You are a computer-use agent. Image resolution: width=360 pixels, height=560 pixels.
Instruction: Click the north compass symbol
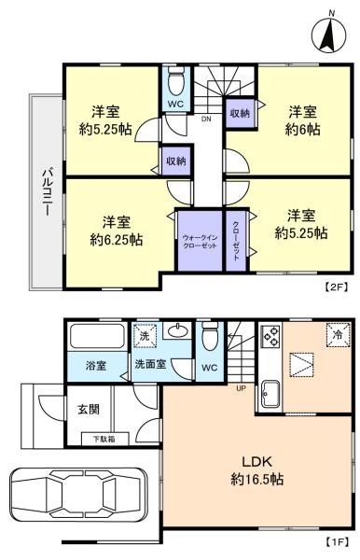[x=328, y=35]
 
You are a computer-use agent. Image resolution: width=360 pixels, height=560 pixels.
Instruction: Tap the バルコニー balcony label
[x=47, y=191]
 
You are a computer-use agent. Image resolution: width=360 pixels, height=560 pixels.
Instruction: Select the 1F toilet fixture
[x=210, y=337]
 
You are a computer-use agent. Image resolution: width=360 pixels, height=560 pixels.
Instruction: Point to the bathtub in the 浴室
[x=97, y=335]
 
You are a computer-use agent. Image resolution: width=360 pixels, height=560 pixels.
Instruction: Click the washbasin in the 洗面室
[x=178, y=331]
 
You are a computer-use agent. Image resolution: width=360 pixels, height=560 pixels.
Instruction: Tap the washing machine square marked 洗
[x=145, y=335]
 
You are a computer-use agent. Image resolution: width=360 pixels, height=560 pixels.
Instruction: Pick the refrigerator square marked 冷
[x=338, y=335]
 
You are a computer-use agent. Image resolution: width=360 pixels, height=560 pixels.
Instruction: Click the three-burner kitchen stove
[x=271, y=337]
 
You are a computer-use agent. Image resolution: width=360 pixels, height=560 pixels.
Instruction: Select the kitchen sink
[x=271, y=394]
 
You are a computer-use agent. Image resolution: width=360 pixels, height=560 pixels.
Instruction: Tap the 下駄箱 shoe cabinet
[x=104, y=439]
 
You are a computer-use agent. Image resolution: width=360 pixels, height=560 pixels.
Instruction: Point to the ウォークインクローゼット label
[x=200, y=242]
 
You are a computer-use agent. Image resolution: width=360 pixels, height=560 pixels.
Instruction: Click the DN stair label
[x=206, y=119]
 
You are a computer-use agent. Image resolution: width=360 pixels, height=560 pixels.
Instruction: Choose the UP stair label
[x=242, y=388]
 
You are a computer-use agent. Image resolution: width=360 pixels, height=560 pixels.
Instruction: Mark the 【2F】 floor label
[x=336, y=287]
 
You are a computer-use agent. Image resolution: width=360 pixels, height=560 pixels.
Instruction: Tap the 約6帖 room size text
[x=302, y=130]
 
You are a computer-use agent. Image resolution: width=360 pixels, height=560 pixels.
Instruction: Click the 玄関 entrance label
[x=89, y=410]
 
